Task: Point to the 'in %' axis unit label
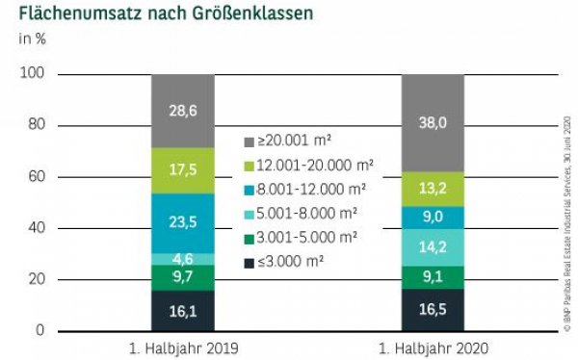31,39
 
